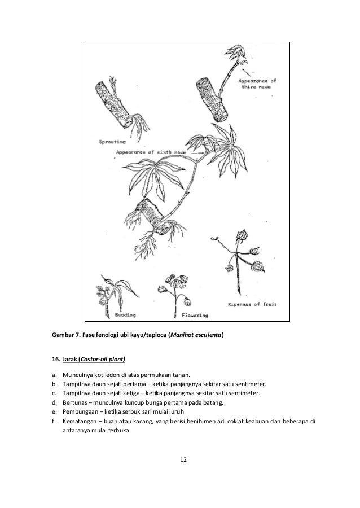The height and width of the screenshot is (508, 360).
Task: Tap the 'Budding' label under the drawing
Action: click(125, 314)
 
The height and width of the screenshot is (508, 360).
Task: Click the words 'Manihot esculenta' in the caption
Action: click(196, 335)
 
